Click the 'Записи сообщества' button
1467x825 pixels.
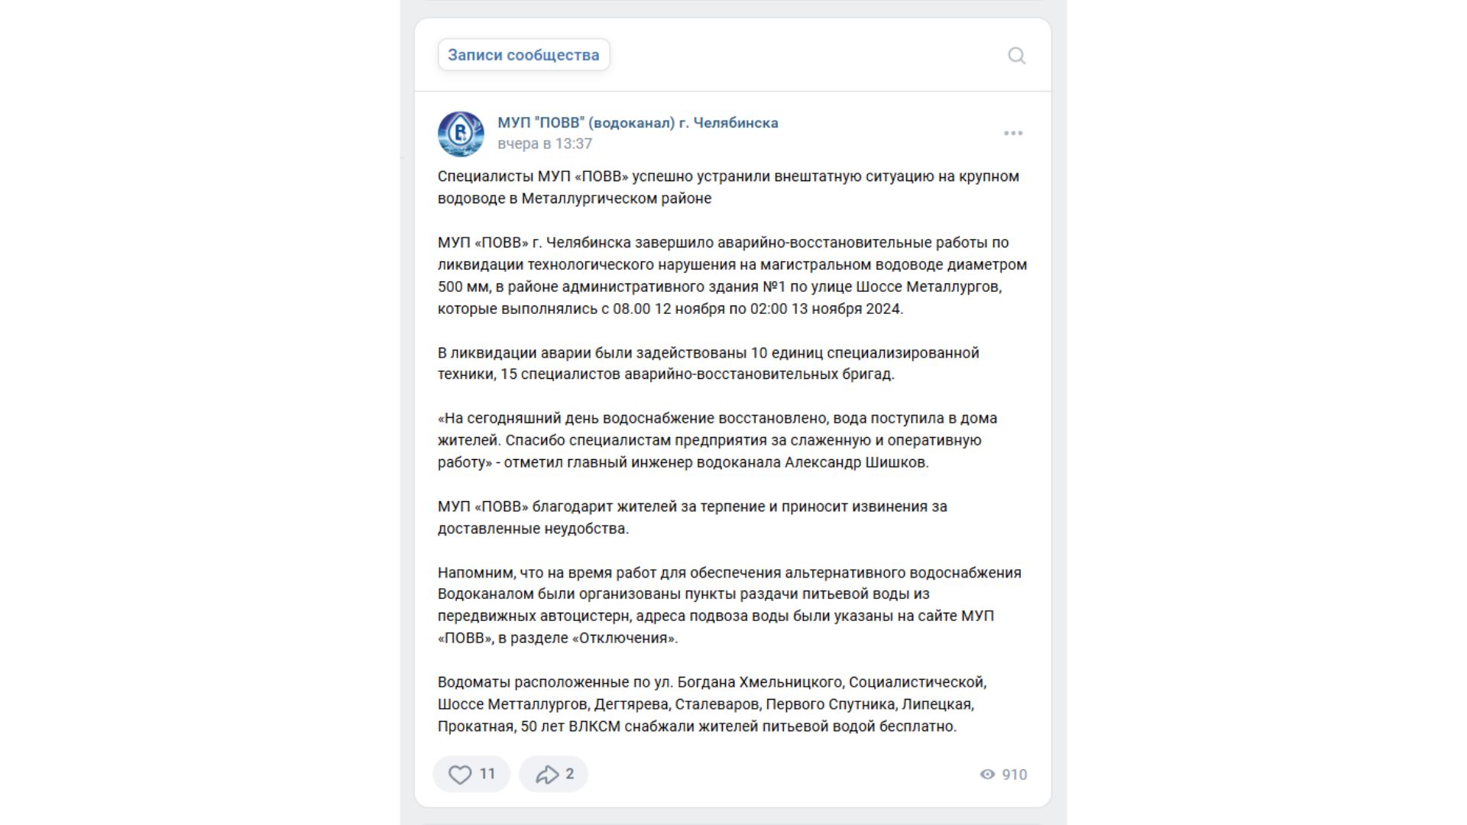pos(523,55)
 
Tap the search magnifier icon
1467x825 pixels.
pos(1016,56)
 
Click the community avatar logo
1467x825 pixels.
pos(461,134)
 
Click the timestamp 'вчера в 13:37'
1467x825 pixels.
pos(545,144)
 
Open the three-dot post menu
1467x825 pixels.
pos(1013,133)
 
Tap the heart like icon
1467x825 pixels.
pos(459,775)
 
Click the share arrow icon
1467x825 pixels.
pos(546,775)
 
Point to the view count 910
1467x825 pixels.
pos(1014,775)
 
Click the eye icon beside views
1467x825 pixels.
pos(987,775)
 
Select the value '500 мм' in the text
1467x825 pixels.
pos(459,287)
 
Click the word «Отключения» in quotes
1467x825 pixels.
pos(624,639)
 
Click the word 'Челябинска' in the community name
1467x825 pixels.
pos(736,123)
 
